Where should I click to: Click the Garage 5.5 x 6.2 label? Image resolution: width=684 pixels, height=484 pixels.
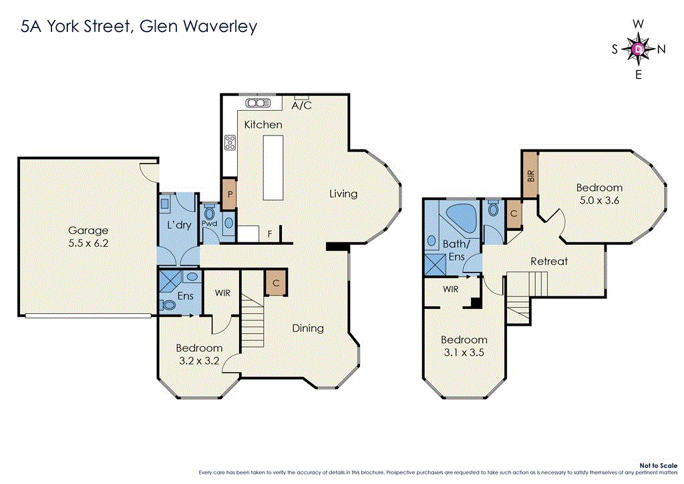tap(88, 237)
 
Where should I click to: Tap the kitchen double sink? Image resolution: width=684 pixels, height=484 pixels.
tap(256, 103)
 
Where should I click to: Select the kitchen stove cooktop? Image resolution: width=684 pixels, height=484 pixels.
tap(231, 142)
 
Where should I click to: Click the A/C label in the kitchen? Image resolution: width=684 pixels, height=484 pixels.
tap(302, 105)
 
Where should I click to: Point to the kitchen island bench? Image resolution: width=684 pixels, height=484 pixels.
tap(273, 166)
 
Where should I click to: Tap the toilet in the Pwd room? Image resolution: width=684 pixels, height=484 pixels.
tap(210, 214)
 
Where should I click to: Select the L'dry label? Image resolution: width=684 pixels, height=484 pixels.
tap(179, 225)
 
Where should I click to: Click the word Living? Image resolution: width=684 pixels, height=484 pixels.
tap(343, 194)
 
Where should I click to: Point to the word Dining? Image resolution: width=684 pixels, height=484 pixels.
tap(308, 328)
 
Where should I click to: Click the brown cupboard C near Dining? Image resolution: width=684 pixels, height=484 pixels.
tap(275, 282)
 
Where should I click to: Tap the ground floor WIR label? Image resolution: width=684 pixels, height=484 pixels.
tap(222, 292)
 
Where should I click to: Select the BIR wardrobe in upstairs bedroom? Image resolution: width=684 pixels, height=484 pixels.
tap(531, 175)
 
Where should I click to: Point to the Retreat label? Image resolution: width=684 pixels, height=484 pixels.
tap(548, 261)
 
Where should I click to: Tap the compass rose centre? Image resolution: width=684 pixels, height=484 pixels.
tap(639, 49)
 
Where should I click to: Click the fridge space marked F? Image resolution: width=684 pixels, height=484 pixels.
tap(269, 234)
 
